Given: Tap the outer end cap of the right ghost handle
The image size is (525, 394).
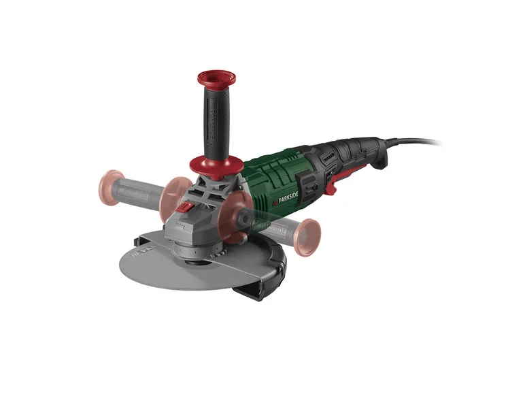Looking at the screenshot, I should click(307, 237).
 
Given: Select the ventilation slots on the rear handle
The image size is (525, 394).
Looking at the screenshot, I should click(328, 159).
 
